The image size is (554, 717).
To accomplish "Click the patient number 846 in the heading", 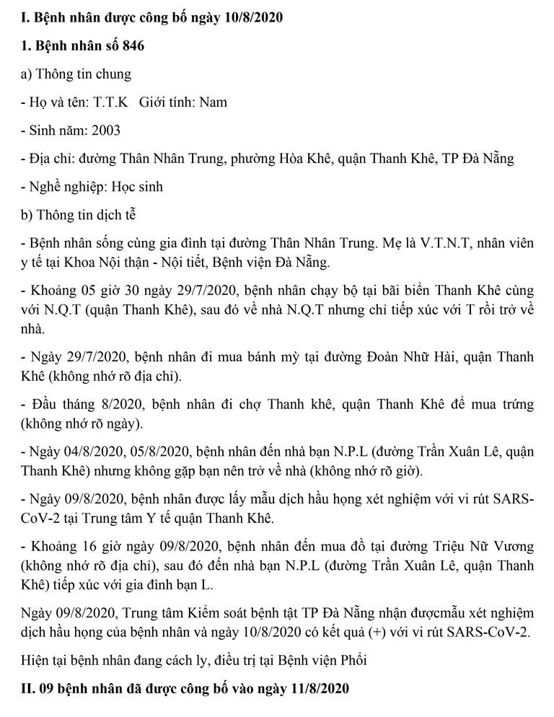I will point(132,46).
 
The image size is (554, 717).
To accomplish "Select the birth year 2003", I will point(103,131).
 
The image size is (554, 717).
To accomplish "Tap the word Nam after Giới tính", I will point(213,102).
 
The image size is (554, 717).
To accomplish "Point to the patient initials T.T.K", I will point(110,102).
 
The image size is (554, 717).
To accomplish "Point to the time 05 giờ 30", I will point(101,291).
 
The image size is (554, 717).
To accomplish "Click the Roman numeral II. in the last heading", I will point(29,689).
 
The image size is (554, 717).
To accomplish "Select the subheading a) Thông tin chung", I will point(76,74).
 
